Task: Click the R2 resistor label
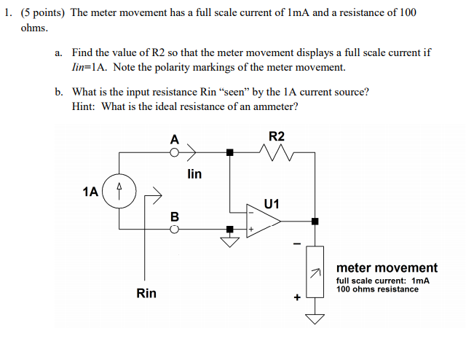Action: pos(277,136)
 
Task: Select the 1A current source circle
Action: pos(119,192)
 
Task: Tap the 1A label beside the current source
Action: pos(90,192)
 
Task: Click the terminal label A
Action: pos(174,138)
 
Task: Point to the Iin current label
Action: pos(194,174)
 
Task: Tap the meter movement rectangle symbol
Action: pos(315,272)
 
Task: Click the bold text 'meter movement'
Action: pos(387,267)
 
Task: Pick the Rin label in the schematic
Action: pos(146,293)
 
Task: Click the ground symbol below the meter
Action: pos(315,318)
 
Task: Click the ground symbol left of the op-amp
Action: pos(230,241)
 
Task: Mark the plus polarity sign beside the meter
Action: pos(297,297)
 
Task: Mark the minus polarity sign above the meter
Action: pos(296,244)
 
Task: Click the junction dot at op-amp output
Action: pos(315,221)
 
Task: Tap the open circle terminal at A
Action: pos(174,152)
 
